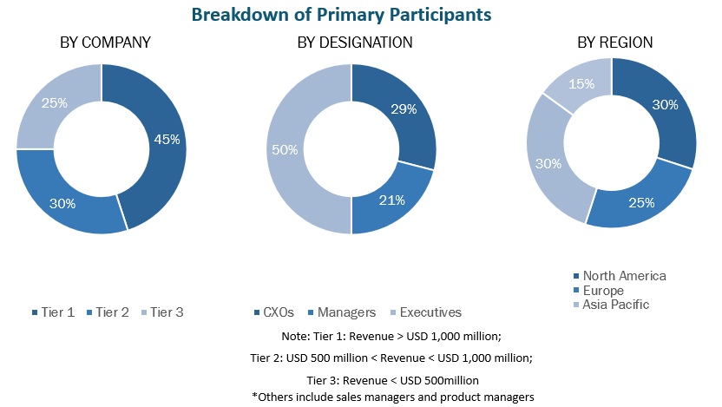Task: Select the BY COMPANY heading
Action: pos(105,43)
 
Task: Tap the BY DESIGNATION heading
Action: pos(354,43)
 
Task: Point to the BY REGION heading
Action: pos(614,43)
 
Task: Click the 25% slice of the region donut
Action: pos(642,202)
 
